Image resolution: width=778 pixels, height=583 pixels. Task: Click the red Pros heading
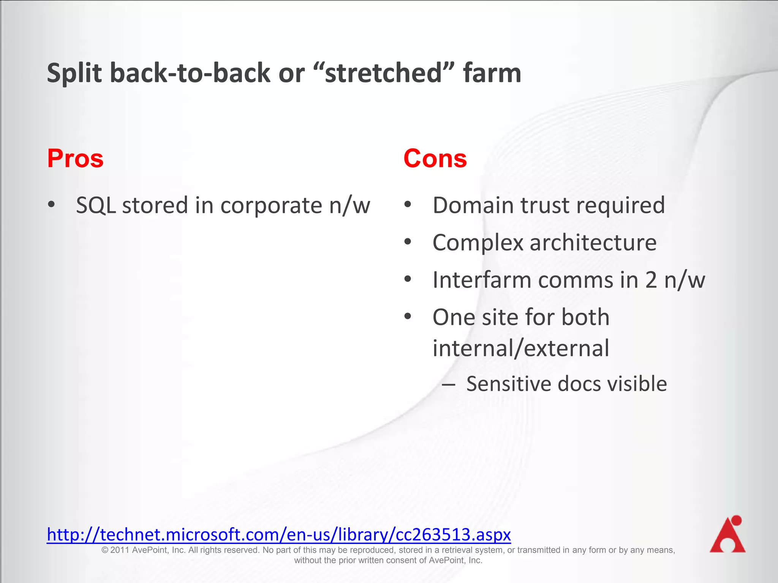point(75,158)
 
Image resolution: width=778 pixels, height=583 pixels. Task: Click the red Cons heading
point(435,158)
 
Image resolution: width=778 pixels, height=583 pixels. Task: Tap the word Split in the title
point(74,73)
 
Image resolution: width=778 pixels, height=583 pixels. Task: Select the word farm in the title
point(492,73)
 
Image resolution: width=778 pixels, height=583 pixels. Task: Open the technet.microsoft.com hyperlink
point(279,534)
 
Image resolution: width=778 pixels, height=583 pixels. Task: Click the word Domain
point(474,205)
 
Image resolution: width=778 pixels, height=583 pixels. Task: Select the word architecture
point(593,243)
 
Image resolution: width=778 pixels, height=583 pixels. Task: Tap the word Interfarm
point(482,280)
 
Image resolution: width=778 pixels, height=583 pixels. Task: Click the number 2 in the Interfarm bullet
point(651,280)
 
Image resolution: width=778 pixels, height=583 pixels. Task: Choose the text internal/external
point(521,348)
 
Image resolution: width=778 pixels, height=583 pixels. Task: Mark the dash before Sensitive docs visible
point(449,384)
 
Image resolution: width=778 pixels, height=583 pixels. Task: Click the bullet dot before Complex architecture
point(408,242)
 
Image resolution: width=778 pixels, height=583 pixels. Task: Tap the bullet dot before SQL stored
point(51,205)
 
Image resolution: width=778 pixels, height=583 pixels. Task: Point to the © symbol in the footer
point(105,550)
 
